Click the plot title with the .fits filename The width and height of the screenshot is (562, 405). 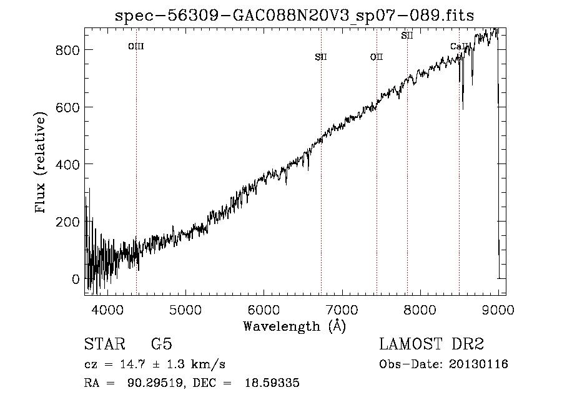[294, 16]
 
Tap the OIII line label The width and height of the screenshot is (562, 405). [136, 47]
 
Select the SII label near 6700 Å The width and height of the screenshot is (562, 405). [321, 57]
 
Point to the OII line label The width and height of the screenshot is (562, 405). [377, 57]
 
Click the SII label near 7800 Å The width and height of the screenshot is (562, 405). [407, 36]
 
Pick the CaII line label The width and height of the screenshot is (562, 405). [459, 47]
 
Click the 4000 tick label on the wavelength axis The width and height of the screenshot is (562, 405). [107, 310]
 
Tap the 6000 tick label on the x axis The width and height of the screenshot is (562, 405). [264, 310]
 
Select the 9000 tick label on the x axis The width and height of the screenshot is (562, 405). [498, 310]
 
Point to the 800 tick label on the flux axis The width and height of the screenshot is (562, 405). [67, 50]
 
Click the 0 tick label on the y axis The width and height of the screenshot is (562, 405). [76, 279]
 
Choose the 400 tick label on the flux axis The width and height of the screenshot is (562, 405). [67, 165]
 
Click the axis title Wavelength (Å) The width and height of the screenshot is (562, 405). [295, 326]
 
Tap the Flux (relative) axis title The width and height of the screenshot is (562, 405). [40, 163]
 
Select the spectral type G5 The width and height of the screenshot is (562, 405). [162, 344]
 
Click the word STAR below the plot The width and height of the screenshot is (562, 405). [105, 344]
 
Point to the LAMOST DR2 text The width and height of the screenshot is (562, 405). [431, 344]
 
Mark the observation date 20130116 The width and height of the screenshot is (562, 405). [478, 364]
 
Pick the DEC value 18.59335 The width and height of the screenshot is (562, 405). [272, 383]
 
